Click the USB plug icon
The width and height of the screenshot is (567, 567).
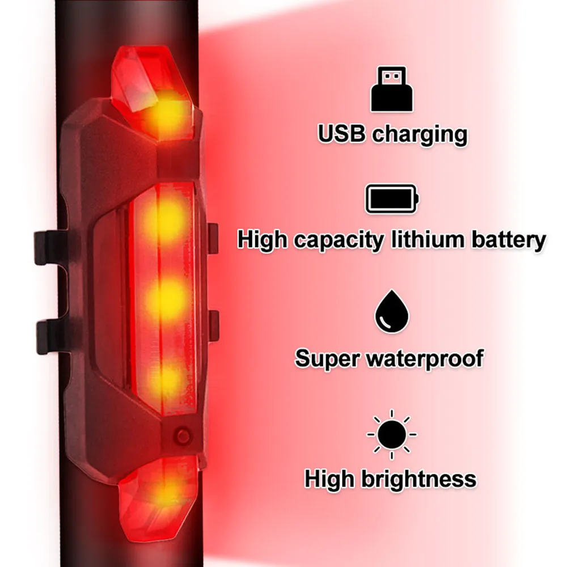(x=391, y=89)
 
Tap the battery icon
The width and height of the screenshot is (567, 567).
(x=391, y=199)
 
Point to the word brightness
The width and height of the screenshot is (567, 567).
(x=418, y=479)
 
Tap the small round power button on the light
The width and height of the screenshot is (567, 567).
(x=182, y=436)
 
